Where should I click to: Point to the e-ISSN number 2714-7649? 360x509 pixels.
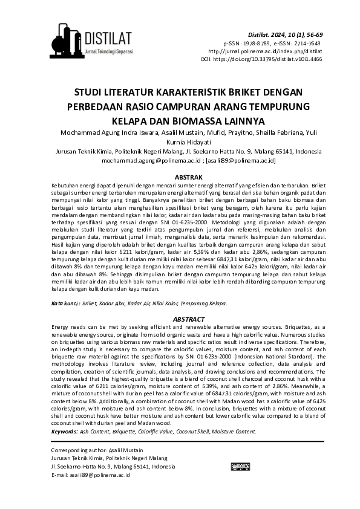coord(307,44)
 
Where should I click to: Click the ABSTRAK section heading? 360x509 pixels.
coord(180,177)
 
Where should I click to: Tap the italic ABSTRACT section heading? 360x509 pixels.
coord(180,319)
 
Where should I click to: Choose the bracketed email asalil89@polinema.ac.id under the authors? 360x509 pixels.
coord(241,161)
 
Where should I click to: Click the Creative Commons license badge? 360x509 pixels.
coord(240,467)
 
